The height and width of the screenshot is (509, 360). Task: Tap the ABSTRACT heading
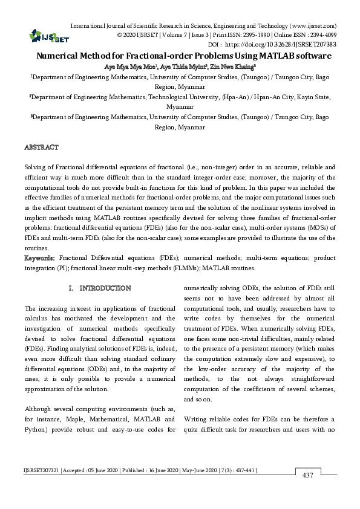(41, 148)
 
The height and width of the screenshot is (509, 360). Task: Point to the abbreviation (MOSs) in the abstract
(304, 229)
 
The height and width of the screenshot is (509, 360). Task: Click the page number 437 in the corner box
(307, 492)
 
